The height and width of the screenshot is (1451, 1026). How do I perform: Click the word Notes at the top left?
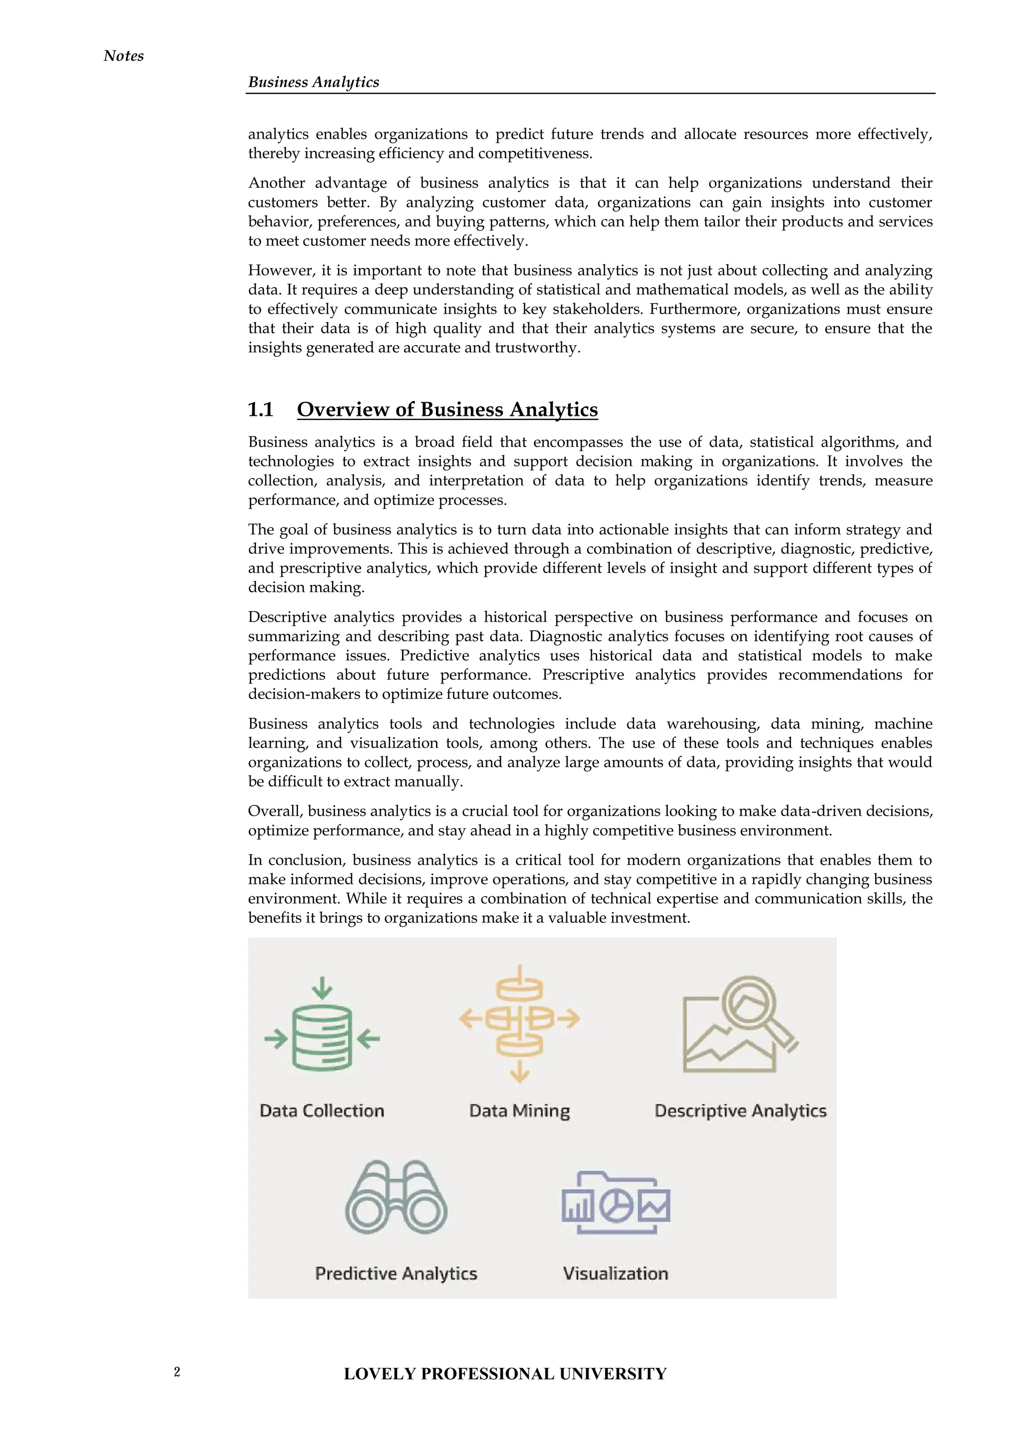(123, 56)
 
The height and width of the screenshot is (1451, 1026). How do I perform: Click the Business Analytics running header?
(313, 82)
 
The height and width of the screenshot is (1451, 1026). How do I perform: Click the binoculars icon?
(396, 1197)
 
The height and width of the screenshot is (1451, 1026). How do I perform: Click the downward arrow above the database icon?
(322, 987)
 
